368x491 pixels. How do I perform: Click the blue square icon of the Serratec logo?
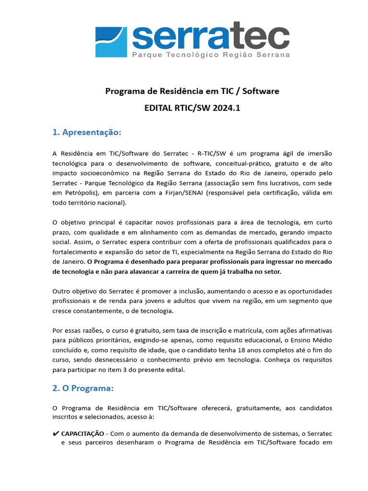111,42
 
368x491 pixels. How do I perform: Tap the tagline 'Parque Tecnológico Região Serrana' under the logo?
211,55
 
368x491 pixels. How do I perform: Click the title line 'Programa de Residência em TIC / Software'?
192,91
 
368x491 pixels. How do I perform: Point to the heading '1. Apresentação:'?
87,132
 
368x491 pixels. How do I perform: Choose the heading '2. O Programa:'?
83,388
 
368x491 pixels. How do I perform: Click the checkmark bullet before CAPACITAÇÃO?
56,433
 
